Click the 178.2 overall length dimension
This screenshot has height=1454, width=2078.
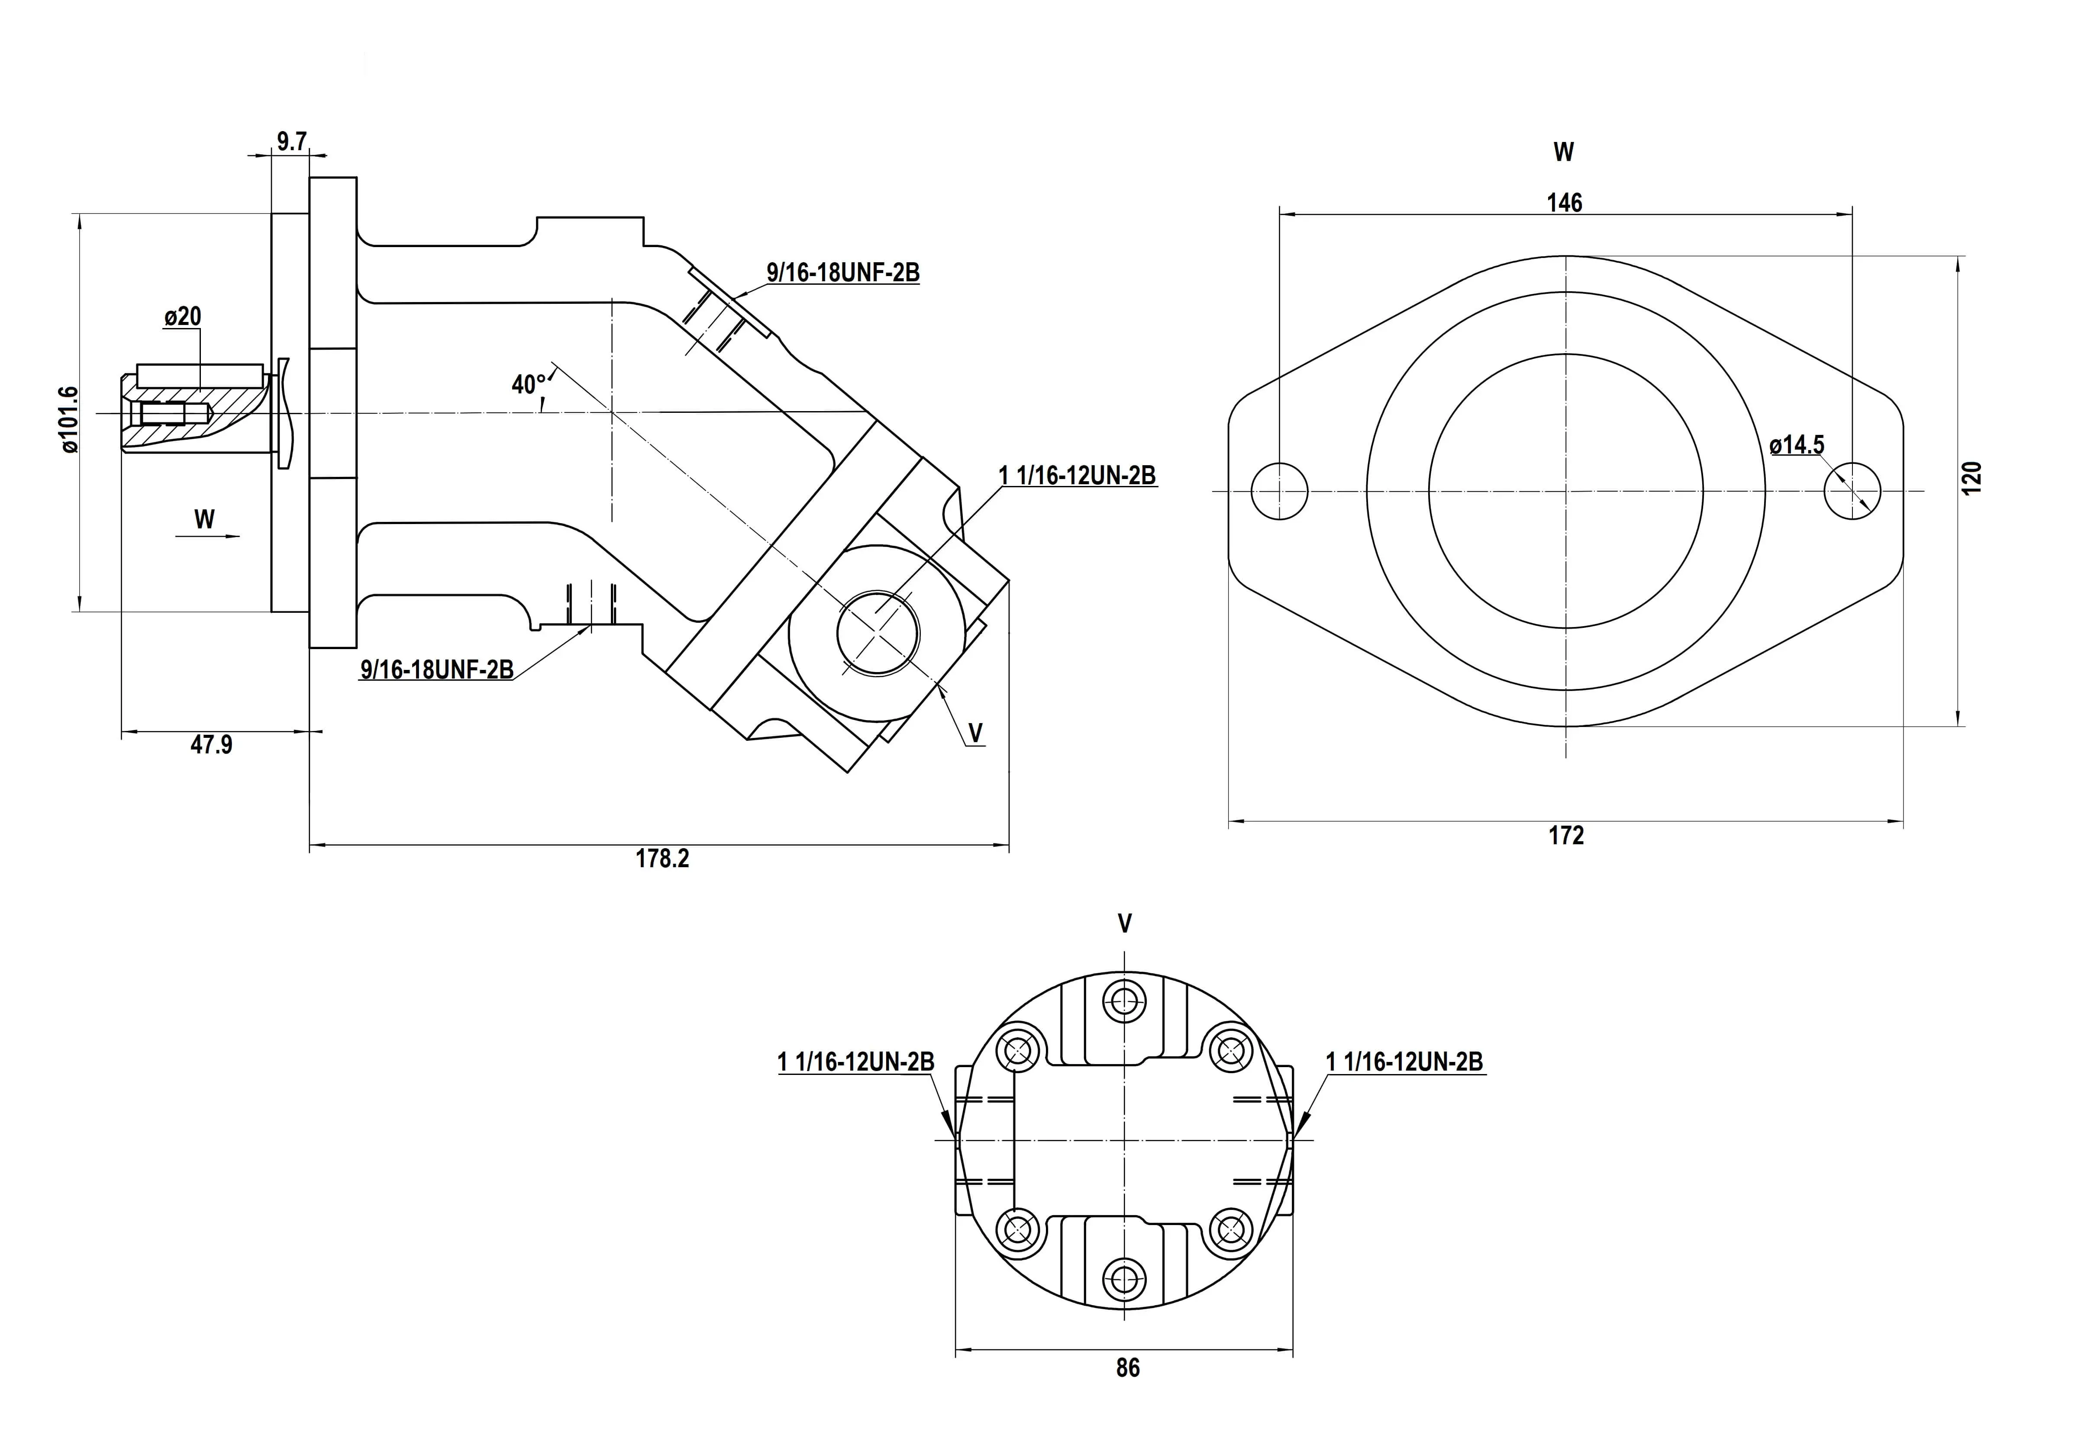pyautogui.click(x=661, y=859)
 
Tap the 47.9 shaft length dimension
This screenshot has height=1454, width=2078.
pyautogui.click(x=211, y=745)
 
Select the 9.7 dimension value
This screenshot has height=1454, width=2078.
pyautogui.click(x=291, y=141)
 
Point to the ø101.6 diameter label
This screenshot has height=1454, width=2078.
pyautogui.click(x=69, y=419)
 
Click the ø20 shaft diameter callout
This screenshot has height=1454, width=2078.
pyautogui.click(x=183, y=317)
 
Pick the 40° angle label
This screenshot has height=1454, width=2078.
pyautogui.click(x=529, y=385)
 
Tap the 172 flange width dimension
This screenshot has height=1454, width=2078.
pyautogui.click(x=1566, y=835)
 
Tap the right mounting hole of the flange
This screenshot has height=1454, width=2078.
pyautogui.click(x=1852, y=490)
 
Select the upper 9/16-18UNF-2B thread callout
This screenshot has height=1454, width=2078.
pyautogui.click(x=842, y=272)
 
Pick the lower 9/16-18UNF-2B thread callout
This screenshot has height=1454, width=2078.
pyautogui.click(x=437, y=669)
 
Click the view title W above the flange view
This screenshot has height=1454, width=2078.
pyautogui.click(x=1563, y=152)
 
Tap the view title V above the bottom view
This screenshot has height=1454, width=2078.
pyautogui.click(x=1125, y=924)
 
